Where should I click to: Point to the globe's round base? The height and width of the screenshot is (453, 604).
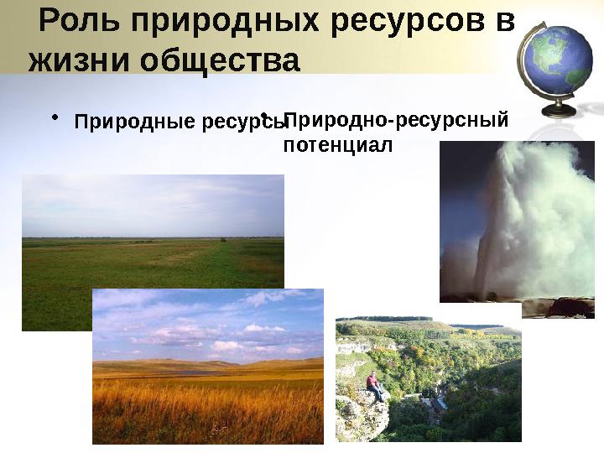click(558, 111)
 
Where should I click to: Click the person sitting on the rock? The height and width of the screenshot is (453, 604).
click(375, 386)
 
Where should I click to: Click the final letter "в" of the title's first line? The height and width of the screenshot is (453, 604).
click(504, 22)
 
